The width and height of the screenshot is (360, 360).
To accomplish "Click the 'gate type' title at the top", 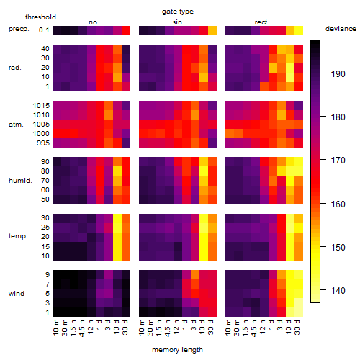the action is [178, 12].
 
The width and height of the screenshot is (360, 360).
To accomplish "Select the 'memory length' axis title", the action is [177, 350].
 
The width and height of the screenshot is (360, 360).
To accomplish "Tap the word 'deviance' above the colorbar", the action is [341, 29].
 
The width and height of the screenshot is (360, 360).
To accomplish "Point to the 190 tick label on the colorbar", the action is [338, 74].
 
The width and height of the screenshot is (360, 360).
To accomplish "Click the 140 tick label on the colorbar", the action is [338, 291].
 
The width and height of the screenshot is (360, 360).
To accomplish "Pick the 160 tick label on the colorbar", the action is [338, 204].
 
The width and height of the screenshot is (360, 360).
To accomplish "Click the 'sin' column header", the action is [177, 22].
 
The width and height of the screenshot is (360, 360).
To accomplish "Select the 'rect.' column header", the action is [262, 22].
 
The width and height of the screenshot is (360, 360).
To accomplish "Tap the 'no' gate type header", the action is [93, 22].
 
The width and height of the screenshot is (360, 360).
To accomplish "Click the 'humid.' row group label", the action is [20, 181].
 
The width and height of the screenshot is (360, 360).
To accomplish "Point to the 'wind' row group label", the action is [17, 294].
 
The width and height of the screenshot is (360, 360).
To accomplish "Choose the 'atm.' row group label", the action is [16, 125].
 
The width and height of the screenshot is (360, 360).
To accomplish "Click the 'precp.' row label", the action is [19, 30].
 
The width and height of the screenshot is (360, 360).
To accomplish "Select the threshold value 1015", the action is [41, 106].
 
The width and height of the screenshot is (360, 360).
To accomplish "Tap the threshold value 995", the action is [43, 143].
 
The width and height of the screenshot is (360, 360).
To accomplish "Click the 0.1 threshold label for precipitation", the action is [44, 30].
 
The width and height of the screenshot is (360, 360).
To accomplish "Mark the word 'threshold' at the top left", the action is [40, 17].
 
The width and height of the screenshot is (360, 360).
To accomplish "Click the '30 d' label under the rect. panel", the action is [297, 328].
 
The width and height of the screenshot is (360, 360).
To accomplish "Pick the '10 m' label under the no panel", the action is [55, 328].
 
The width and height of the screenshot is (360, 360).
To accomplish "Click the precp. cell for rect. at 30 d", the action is [299, 31].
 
